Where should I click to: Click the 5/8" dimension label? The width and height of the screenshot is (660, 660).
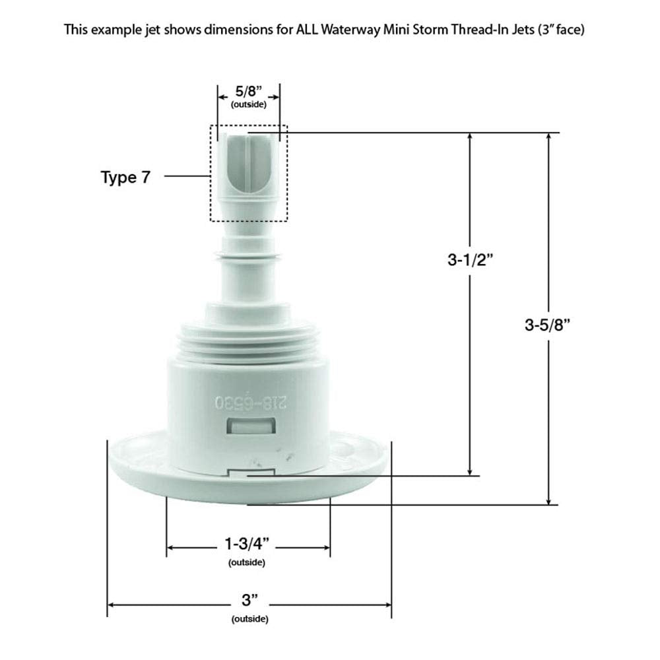[x=248, y=94]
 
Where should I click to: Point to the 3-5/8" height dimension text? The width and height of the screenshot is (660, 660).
[x=547, y=324]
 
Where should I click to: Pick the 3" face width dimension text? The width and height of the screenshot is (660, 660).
[x=249, y=601]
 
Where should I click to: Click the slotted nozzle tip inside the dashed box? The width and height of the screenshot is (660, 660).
[x=248, y=158]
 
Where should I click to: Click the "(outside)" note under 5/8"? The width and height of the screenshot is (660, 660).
[x=248, y=105]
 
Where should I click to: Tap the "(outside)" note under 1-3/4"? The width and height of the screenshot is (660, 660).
[x=247, y=562]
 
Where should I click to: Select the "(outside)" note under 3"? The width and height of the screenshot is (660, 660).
[x=249, y=618]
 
